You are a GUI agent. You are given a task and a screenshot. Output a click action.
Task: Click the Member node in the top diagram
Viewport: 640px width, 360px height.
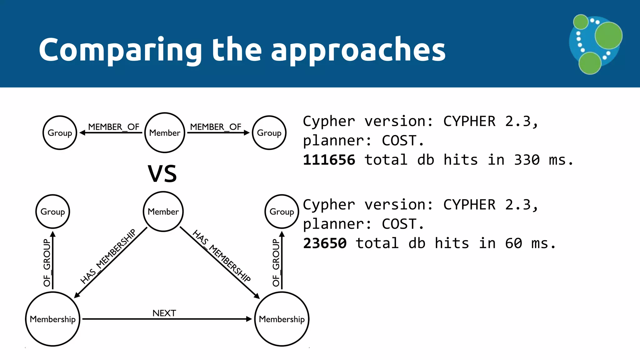165,133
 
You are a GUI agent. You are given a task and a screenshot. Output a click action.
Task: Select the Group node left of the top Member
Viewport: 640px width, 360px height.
60,133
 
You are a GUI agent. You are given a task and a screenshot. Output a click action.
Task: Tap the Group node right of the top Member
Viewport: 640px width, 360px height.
269,133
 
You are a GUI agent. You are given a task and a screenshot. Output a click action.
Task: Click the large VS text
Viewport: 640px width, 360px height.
162,174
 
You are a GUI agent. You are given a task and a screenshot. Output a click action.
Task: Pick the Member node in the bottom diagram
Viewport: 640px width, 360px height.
163,212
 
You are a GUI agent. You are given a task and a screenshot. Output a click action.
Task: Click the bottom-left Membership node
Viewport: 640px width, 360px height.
52,319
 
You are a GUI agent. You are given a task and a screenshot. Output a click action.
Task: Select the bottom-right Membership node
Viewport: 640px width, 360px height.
282,319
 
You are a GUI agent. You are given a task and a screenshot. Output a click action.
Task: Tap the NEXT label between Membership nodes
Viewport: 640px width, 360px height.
164,313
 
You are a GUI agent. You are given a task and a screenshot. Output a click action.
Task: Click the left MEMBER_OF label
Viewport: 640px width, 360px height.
113,127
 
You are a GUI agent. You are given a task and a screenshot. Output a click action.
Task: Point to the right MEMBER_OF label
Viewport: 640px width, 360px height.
216,127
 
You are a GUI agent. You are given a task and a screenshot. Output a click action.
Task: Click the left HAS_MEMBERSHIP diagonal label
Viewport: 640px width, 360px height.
108,256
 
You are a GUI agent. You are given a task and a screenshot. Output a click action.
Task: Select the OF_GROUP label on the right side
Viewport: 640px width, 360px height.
276,262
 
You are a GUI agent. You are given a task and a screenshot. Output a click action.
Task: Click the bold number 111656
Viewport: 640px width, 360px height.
329,160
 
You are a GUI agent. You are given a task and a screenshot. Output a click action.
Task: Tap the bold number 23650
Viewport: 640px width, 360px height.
325,243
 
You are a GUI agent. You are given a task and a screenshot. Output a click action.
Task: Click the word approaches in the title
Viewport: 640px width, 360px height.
358,50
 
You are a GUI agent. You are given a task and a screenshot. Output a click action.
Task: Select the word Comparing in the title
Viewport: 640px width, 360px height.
121,50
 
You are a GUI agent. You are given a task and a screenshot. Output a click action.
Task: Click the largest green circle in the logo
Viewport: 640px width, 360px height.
608,36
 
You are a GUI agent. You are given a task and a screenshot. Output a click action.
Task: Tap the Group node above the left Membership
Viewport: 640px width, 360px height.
52,212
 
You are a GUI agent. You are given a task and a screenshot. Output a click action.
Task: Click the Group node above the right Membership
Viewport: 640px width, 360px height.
282,212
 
